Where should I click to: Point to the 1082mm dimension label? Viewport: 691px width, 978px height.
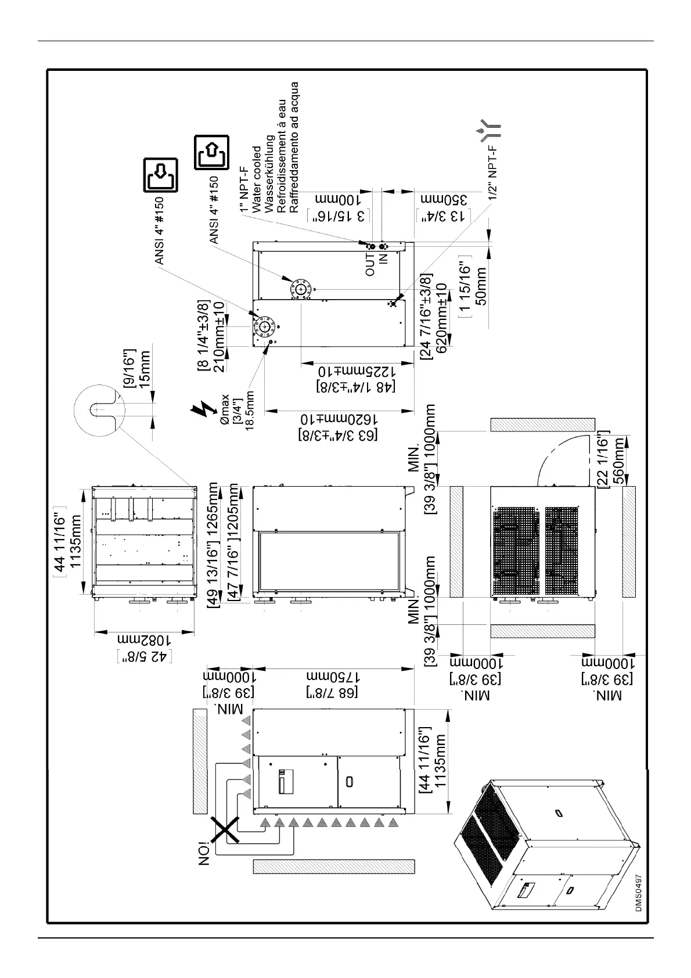pyautogui.click(x=144, y=639)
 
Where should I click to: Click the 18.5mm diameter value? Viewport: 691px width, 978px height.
pyautogui.click(x=250, y=410)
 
